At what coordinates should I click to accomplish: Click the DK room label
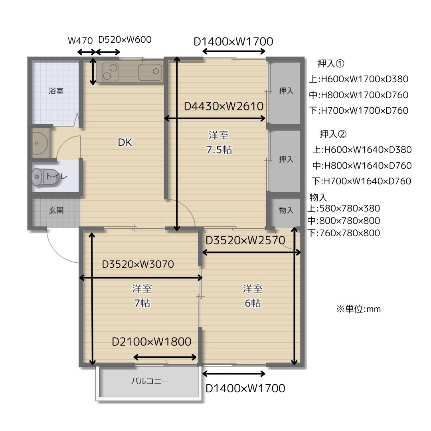(x=125, y=142)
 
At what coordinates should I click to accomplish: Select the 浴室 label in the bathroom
(x=56, y=91)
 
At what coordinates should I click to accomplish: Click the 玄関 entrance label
(x=56, y=211)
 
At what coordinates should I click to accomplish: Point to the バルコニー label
(x=150, y=381)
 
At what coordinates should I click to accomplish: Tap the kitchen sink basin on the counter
(x=150, y=72)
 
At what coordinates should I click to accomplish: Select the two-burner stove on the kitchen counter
(x=110, y=72)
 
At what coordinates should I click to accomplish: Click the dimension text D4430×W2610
(x=224, y=106)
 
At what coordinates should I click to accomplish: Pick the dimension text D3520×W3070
(x=138, y=264)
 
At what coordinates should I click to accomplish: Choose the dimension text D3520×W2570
(x=245, y=241)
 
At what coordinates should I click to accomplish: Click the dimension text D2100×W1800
(x=152, y=342)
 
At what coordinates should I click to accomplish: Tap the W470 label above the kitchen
(x=80, y=41)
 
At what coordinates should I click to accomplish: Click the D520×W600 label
(x=125, y=40)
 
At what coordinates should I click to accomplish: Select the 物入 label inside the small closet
(x=286, y=210)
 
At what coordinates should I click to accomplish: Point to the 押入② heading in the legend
(x=333, y=134)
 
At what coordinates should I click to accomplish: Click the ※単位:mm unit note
(x=359, y=309)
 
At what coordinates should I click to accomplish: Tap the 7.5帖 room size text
(x=219, y=150)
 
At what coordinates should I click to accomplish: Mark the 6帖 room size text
(x=253, y=303)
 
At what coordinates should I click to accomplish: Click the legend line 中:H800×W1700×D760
(x=358, y=95)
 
